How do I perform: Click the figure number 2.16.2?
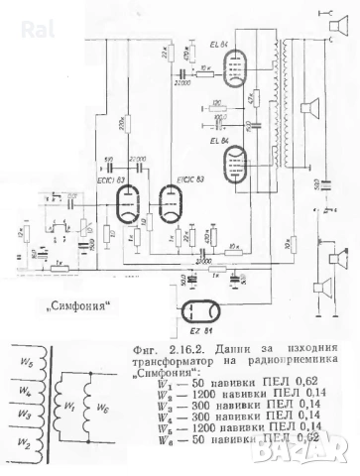coord(174,351)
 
